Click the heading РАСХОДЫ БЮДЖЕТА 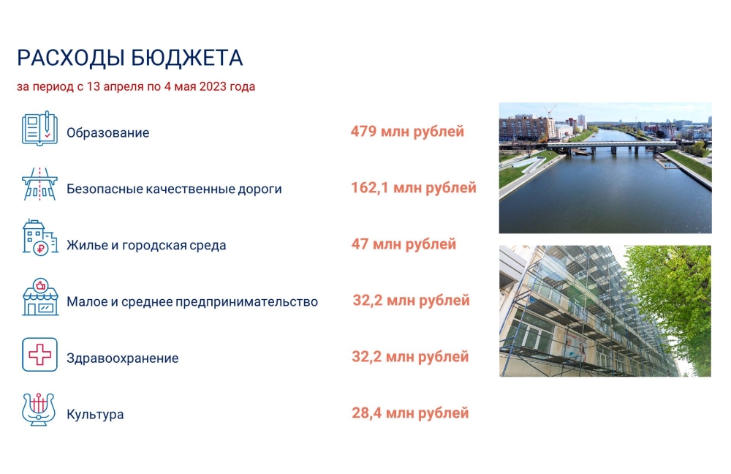(x=129, y=59)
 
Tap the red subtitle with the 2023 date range (x=136, y=87)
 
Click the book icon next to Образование (x=39, y=128)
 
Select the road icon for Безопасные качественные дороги (x=39, y=184)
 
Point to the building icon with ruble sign (x=40, y=238)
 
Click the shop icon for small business (x=40, y=297)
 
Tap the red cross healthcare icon (x=39, y=355)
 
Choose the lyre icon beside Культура (x=39, y=409)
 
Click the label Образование (x=107, y=133)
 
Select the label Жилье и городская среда (x=146, y=245)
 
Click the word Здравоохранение (x=123, y=358)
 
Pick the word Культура (x=95, y=414)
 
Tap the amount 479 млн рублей (x=407, y=132)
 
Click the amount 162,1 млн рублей (x=414, y=188)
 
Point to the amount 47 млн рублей (x=404, y=244)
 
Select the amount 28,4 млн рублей (x=410, y=413)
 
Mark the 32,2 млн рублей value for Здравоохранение (x=410, y=357)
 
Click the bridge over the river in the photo (x=613, y=148)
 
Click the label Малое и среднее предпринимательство (x=192, y=302)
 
